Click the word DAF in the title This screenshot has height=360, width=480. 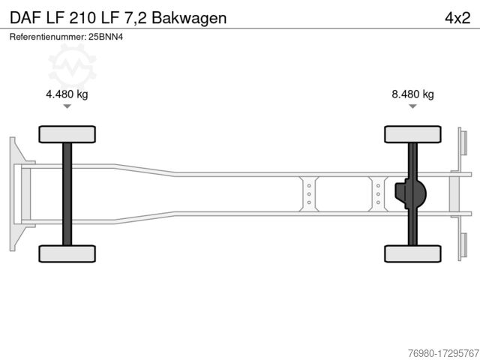25,18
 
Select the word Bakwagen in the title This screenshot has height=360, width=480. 189,19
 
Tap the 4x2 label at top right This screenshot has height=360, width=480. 457,18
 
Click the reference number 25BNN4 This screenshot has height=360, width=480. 106,37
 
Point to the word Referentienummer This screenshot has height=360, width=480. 47,37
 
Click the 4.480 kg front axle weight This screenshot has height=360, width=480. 67,94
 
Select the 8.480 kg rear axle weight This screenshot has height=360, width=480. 412,94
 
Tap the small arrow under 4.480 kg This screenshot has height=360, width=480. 67,106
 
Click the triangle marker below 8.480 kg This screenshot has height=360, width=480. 412,106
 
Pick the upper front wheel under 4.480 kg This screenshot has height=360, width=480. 67,134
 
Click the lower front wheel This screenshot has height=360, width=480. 67,253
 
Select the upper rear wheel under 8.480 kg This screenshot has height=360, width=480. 412,134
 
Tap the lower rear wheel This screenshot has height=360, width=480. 412,253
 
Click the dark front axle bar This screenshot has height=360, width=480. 67,194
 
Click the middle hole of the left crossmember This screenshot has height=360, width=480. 309,194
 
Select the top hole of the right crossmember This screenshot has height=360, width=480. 378,186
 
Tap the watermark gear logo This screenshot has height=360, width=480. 73,67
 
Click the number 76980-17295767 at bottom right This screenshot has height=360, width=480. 443,353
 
